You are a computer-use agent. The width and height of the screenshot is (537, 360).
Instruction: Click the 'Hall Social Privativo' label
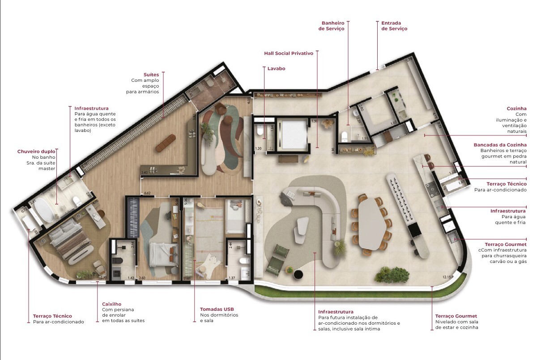click(x=288, y=53)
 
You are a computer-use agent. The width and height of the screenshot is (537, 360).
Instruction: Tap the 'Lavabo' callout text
click(x=276, y=68)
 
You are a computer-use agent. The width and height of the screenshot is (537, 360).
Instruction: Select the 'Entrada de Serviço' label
click(x=394, y=26)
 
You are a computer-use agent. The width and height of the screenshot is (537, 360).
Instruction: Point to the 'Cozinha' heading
click(x=516, y=109)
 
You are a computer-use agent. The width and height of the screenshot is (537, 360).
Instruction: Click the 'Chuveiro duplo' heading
click(x=36, y=152)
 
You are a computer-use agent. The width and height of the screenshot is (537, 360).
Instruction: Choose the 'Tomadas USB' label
click(x=217, y=309)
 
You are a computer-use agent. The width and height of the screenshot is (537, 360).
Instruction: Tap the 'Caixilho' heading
click(x=111, y=304)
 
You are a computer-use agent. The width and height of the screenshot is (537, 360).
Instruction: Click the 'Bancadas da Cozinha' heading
click(x=500, y=145)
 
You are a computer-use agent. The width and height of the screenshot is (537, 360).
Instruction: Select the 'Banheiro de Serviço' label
click(x=332, y=26)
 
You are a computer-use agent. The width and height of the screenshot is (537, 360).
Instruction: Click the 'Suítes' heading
click(x=151, y=74)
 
